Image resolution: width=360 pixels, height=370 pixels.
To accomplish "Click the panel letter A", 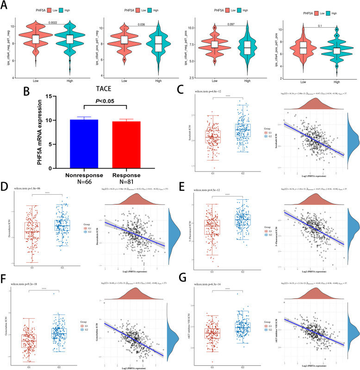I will click(x=7, y=6).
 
